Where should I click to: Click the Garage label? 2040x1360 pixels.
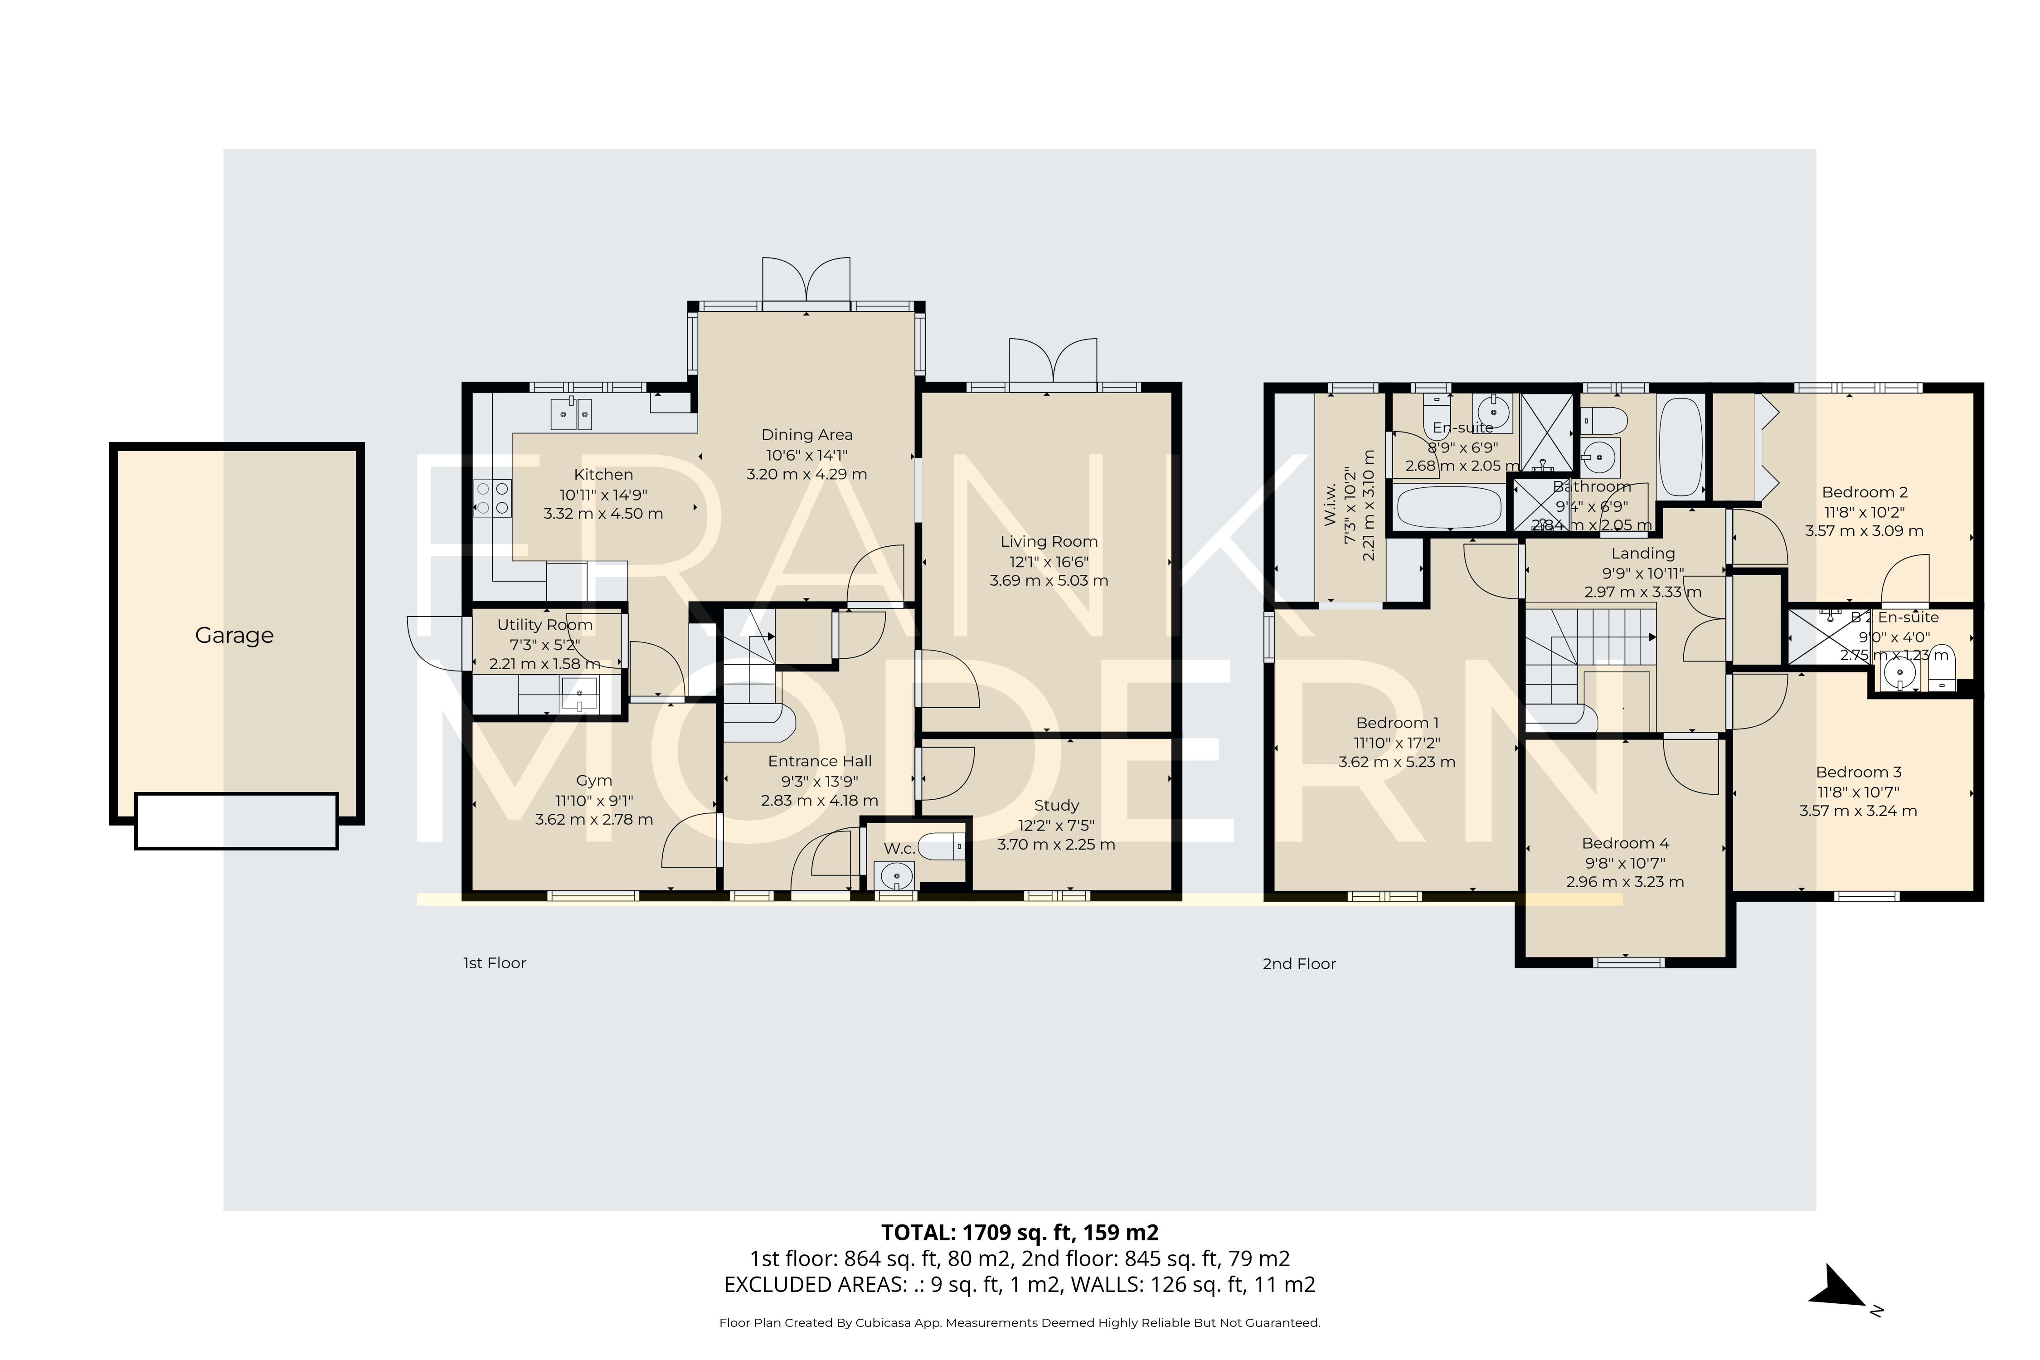[x=234, y=636]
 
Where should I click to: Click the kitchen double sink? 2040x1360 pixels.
[x=572, y=414]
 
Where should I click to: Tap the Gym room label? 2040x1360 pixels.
[x=594, y=781]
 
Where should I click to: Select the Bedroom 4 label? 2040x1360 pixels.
[x=1625, y=843]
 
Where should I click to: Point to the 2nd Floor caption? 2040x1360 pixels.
[x=1298, y=964]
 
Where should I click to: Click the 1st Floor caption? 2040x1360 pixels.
[x=495, y=963]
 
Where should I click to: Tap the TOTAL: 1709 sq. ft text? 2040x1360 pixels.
[x=1019, y=1233]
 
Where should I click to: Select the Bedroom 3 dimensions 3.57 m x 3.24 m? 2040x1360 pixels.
[x=1858, y=811]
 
